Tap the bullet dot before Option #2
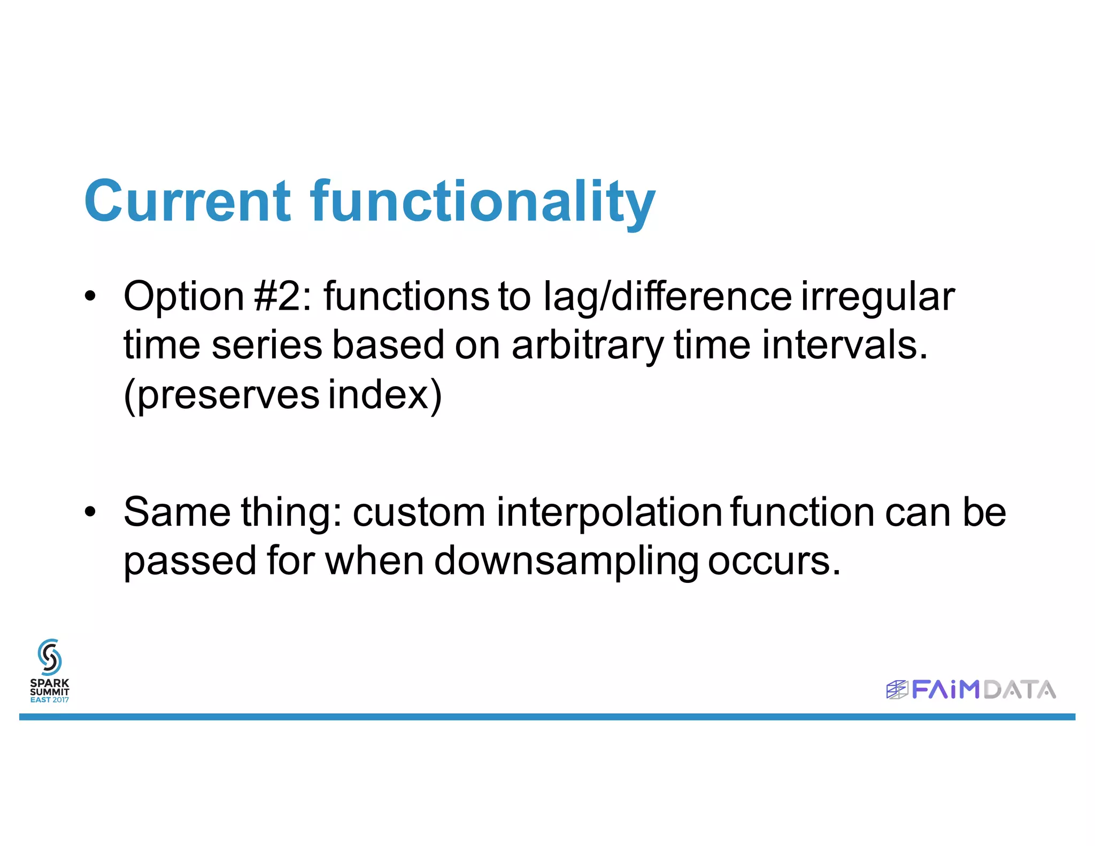pos(90,296)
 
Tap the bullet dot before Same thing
pos(90,512)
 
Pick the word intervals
pos(845,345)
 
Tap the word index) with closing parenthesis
pos(385,395)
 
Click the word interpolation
pos(610,512)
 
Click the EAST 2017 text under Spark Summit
pos(50,699)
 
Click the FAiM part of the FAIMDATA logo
pos(945,689)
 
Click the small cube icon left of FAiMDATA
pos(897,690)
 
